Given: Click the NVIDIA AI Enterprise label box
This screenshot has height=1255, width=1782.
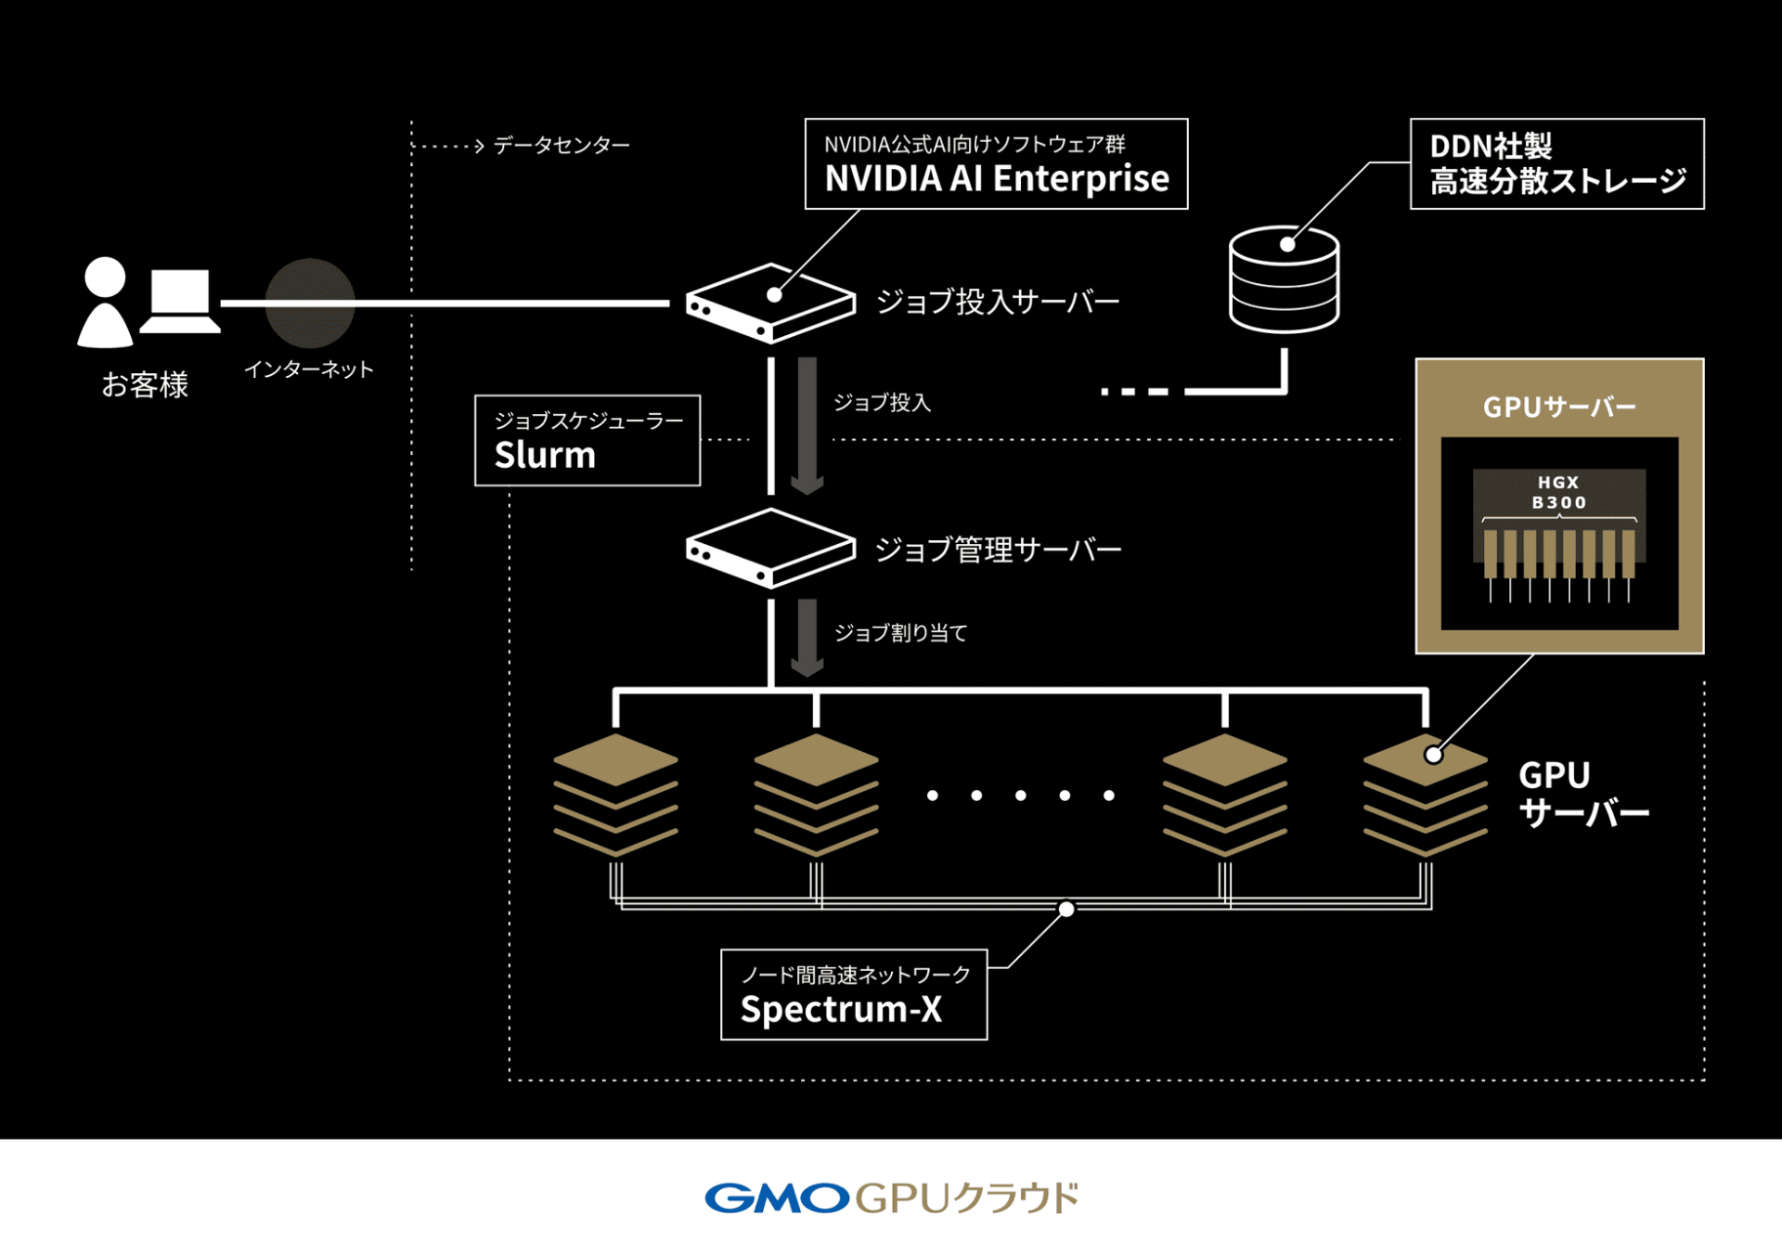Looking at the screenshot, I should click(996, 163).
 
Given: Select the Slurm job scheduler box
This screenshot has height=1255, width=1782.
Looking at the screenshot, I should click(587, 440).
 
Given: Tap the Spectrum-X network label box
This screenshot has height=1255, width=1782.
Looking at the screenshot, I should click(853, 994).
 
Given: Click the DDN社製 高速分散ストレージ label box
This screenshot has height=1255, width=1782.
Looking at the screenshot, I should click(1556, 163).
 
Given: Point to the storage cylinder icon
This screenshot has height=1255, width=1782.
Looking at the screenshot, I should click(1284, 281).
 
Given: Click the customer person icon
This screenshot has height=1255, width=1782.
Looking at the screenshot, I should click(105, 303).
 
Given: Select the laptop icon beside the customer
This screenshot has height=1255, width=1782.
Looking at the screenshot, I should click(180, 301).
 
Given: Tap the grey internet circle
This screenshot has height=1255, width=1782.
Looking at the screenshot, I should click(310, 303).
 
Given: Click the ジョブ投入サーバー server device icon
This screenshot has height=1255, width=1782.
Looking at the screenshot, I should click(769, 304).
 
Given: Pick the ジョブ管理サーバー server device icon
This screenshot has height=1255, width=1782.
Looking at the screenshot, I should click(769, 548).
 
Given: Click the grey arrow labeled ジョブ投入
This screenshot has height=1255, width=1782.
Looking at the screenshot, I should click(807, 425).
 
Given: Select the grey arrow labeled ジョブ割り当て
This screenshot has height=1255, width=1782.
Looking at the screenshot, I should click(807, 637).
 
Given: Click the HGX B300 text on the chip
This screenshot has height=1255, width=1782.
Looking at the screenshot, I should click(1558, 493).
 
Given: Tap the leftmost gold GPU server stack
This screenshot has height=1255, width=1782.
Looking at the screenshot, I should click(615, 794).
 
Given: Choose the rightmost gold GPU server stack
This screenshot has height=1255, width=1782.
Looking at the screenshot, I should click(1425, 794).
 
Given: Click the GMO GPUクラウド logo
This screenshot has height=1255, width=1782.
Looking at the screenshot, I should click(891, 1197).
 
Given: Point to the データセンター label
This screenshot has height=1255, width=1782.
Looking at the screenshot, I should click(561, 146).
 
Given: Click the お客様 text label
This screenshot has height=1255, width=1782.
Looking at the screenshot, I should click(145, 384).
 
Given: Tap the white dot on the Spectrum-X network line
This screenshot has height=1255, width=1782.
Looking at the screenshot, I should click(1066, 909).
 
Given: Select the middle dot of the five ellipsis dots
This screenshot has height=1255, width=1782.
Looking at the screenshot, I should click(1020, 796).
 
